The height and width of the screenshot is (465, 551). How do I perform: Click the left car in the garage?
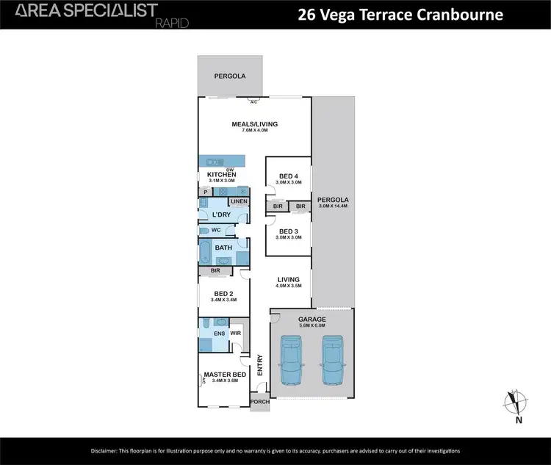[291, 361]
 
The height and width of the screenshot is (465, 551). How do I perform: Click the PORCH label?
[259, 402]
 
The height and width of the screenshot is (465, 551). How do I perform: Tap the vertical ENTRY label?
[260, 365]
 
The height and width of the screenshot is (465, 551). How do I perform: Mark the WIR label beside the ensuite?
[235, 333]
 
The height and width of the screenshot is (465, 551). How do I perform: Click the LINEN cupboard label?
[239, 201]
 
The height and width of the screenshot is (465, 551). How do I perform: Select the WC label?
[216, 230]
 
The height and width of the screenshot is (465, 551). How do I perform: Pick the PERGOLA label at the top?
[229, 76]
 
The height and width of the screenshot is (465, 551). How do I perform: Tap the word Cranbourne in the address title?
[464, 14]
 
